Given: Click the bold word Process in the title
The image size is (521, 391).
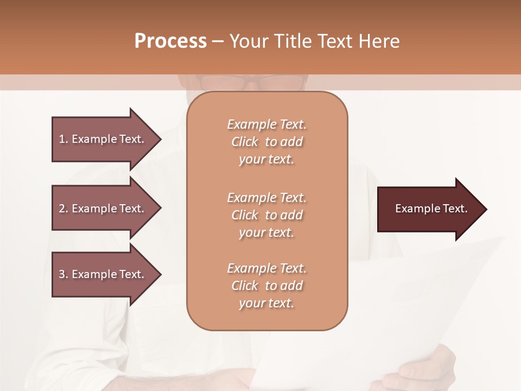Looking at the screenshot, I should point(170,41).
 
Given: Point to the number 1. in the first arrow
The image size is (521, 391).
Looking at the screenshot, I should point(63,139).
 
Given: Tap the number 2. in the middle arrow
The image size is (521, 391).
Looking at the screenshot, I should point(63,209).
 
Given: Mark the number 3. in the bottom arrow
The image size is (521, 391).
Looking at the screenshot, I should point(63,274).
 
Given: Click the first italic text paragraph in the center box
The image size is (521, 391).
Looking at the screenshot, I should point(266,142).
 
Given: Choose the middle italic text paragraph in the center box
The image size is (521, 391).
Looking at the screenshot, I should point(266,215).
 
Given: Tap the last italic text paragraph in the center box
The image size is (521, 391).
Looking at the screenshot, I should point(266,286).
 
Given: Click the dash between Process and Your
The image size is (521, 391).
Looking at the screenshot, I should point(218,42).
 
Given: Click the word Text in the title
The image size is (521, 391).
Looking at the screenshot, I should point(333,41).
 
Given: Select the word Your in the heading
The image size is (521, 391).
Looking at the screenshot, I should point(249,41).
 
